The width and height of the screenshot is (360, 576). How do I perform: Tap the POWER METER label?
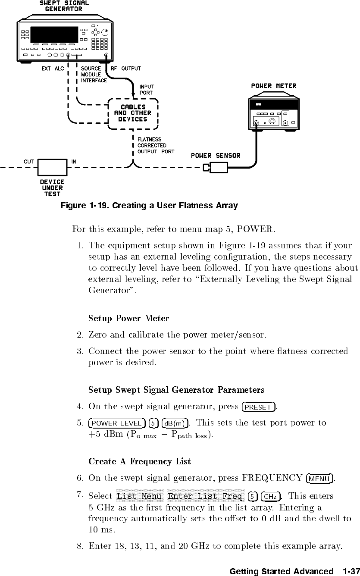pos(274,86)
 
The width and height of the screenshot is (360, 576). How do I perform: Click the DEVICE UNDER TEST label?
pos(53,188)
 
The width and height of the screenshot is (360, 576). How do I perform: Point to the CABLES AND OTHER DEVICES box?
pos(133,113)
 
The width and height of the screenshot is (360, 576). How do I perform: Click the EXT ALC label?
pos(53,69)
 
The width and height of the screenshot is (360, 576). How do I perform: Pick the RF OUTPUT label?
pos(125,69)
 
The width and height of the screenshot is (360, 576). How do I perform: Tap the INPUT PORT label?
pos(147,90)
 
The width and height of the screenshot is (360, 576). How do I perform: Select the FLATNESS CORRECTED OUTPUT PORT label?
pos(156,145)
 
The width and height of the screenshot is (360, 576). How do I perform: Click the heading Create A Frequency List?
pos(139,462)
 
